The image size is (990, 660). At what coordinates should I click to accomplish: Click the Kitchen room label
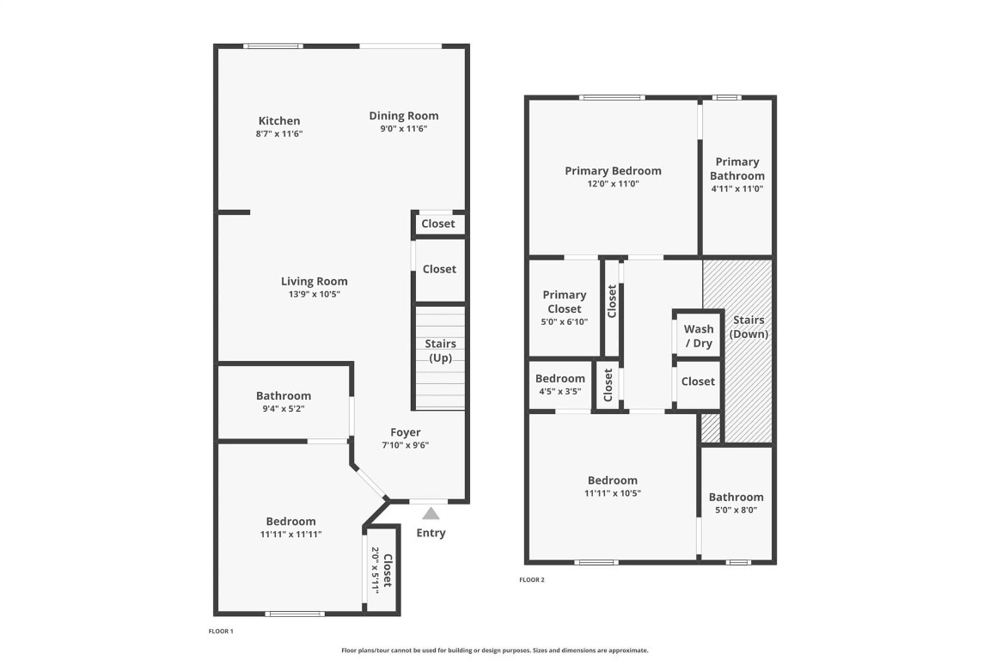tap(279, 121)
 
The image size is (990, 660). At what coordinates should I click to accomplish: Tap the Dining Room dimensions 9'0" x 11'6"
tap(404, 129)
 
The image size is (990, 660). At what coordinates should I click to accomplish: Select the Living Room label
tap(315, 281)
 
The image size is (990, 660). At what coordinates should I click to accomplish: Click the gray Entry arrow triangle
tap(431, 513)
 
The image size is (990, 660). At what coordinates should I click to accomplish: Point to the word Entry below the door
tap(431, 533)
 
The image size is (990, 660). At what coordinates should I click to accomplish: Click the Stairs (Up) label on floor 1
tap(441, 351)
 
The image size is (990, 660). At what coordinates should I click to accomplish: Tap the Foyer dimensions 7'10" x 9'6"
tap(406, 445)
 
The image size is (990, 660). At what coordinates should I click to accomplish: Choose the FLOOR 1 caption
tap(221, 632)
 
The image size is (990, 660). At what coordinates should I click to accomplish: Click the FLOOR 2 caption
tap(532, 580)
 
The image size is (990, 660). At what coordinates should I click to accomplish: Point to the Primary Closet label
tap(565, 302)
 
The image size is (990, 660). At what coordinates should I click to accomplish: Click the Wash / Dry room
tap(698, 336)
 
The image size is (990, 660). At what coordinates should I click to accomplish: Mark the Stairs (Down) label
tap(749, 327)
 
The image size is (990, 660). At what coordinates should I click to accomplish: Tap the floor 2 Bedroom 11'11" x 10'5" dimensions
tap(613, 493)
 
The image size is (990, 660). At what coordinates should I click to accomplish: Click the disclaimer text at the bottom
tap(494, 651)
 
